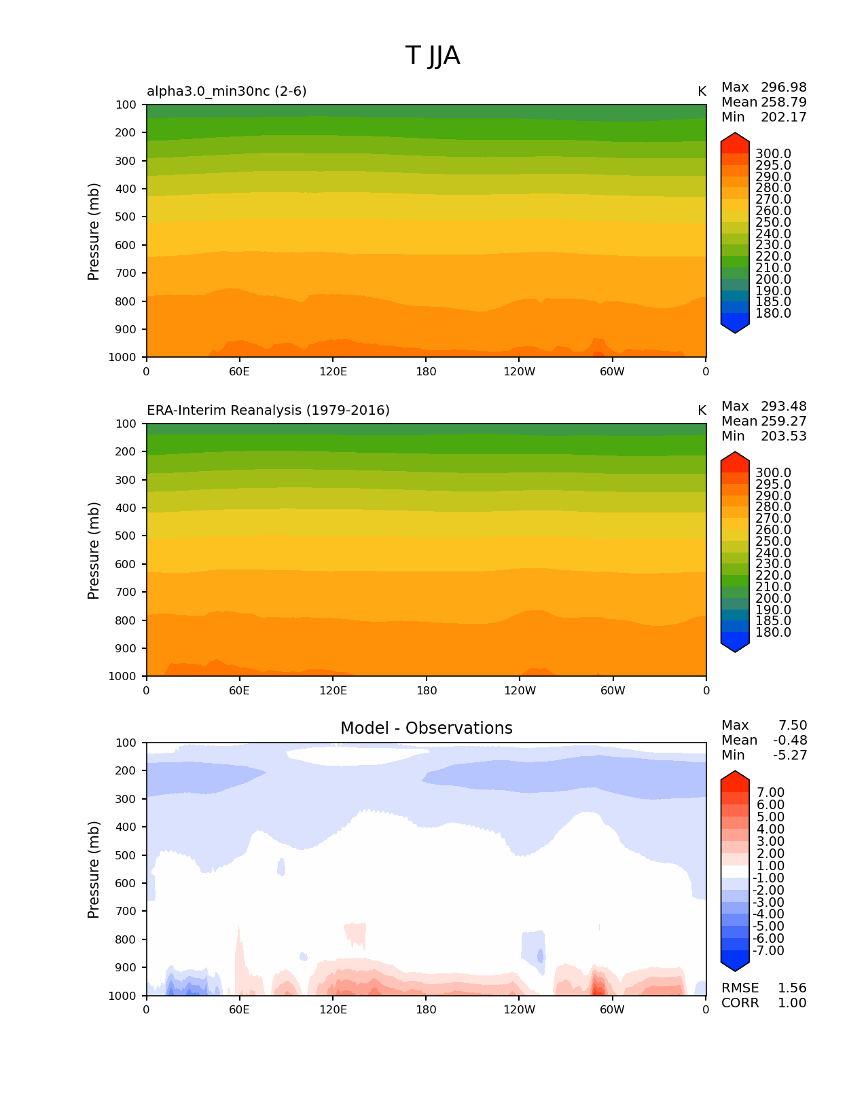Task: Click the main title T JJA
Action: [433, 56]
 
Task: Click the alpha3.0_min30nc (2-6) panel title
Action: [227, 91]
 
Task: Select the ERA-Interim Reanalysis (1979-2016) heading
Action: [268, 410]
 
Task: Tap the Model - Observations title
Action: [426, 728]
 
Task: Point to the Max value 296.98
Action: [783, 87]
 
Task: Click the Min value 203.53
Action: [783, 436]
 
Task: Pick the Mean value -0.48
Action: [789, 740]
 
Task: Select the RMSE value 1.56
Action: [792, 988]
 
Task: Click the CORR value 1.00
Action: [792, 1003]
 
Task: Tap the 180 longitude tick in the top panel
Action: [426, 371]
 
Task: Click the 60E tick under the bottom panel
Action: [239, 1009]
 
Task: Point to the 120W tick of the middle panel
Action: [520, 690]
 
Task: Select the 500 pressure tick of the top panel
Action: [127, 217]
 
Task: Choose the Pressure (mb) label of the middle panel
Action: [94, 550]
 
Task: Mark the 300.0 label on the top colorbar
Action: [773, 154]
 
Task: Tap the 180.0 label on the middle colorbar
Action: [773, 632]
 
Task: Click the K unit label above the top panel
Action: [702, 91]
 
